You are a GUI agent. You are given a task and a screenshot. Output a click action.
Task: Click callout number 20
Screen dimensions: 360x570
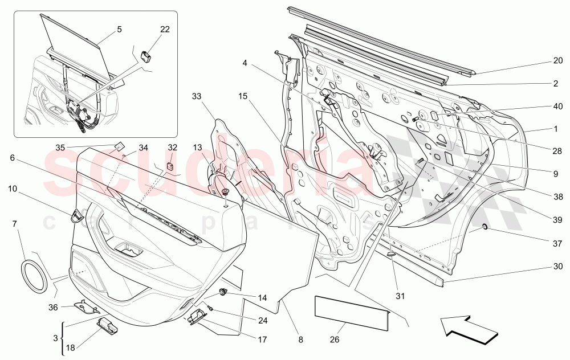pos(557,59)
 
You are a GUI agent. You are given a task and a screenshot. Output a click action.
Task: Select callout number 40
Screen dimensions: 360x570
pos(557,106)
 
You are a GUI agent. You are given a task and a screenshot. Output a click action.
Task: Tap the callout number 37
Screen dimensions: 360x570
pos(557,243)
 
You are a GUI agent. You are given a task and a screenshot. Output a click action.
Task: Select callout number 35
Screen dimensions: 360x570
pos(60,148)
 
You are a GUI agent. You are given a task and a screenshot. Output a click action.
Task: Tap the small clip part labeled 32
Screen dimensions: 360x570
pos(170,166)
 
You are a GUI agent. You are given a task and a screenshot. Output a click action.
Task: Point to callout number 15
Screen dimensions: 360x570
pos(243,96)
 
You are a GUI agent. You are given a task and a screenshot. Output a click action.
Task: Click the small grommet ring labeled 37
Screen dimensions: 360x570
pos(484,229)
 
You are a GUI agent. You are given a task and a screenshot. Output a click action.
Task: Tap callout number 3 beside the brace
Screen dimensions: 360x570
pos(55,338)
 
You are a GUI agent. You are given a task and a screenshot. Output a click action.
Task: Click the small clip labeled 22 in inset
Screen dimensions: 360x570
pos(147,55)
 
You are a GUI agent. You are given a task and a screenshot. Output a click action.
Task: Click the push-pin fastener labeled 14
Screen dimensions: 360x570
pos(224,293)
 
